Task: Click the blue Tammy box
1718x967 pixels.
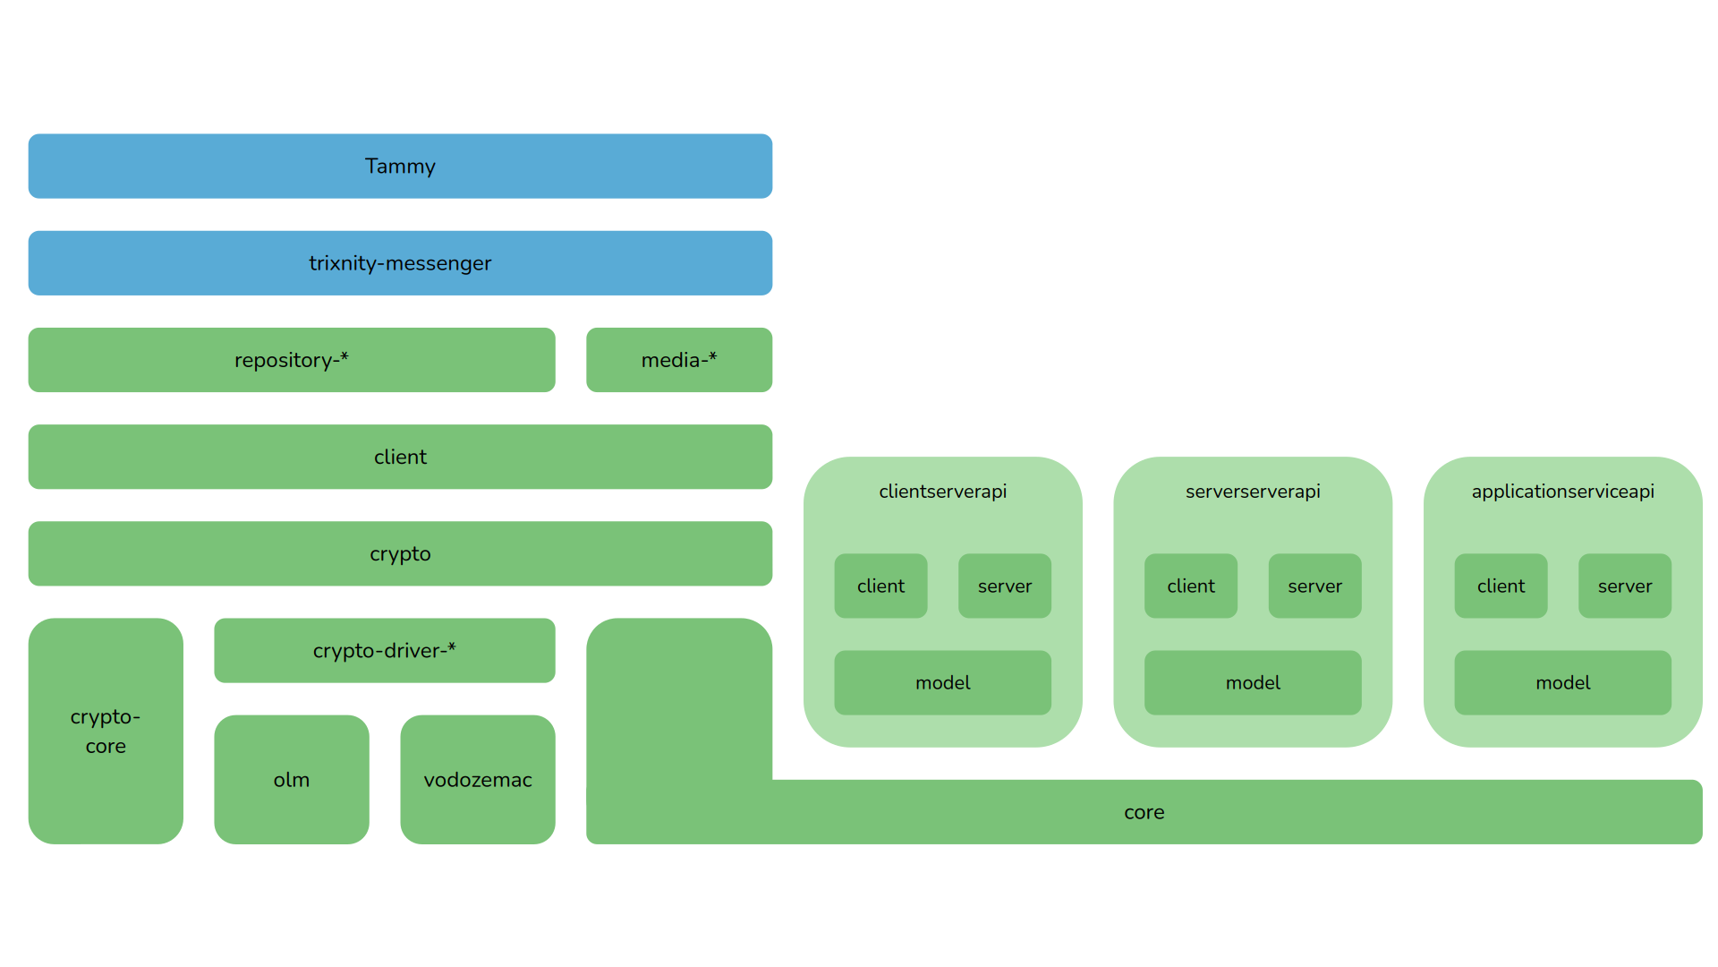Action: tap(400, 167)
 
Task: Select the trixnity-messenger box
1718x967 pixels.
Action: tap(400, 263)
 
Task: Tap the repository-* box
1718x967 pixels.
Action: tap(291, 360)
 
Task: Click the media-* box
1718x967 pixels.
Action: tap(679, 360)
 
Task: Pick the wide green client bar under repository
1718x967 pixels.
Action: tap(400, 457)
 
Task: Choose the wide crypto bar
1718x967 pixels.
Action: tap(400, 553)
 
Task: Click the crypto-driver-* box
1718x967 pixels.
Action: tap(384, 651)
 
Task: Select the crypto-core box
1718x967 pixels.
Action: tap(106, 731)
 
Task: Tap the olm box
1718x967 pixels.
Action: tap(291, 779)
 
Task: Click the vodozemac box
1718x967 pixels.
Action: tap(477, 779)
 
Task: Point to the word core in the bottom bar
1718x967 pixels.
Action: tap(1144, 812)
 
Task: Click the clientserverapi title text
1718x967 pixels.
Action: tap(942, 492)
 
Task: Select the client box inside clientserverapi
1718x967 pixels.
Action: tap(880, 586)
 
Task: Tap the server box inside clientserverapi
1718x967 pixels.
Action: tap(1004, 586)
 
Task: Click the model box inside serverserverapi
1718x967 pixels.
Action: tap(1253, 682)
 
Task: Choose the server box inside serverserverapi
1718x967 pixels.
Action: tap(1314, 586)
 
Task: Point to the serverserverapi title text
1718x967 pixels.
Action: tap(1253, 492)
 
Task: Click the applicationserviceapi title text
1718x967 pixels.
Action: tap(1562, 492)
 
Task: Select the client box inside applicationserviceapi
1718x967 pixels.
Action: tap(1501, 586)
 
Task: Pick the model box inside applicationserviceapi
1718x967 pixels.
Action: tap(1562, 682)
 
